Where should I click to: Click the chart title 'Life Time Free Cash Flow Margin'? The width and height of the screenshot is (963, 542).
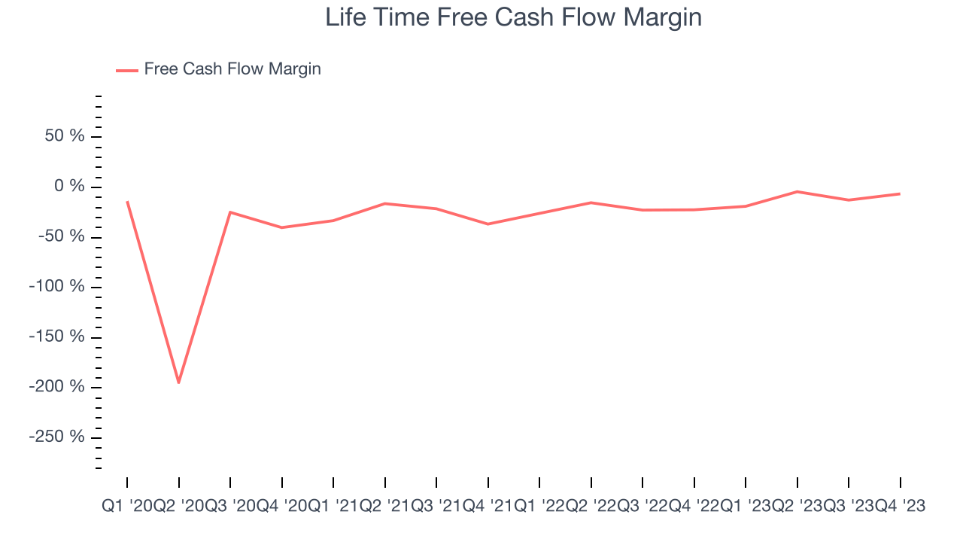click(x=513, y=17)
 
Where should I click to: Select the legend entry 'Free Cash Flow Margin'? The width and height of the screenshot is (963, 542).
click(x=232, y=69)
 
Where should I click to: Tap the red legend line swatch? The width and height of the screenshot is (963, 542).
click(x=126, y=70)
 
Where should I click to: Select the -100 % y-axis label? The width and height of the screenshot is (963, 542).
click(x=56, y=287)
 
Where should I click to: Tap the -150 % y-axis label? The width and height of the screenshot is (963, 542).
click(x=56, y=336)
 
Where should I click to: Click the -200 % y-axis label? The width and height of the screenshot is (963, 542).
click(x=56, y=387)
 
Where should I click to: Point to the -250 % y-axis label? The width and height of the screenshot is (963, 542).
click(x=56, y=437)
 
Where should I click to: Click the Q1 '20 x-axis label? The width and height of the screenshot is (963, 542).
click(x=127, y=507)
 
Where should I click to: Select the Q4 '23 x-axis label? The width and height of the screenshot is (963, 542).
click(x=900, y=507)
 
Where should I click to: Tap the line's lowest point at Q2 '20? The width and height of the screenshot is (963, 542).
click(x=178, y=382)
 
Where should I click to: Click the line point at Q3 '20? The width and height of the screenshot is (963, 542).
click(x=230, y=212)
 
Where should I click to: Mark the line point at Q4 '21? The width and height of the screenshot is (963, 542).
click(x=488, y=224)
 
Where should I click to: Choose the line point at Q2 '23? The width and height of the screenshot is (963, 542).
click(x=797, y=192)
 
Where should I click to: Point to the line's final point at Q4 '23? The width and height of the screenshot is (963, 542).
click(x=900, y=193)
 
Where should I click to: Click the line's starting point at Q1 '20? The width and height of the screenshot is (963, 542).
click(x=127, y=202)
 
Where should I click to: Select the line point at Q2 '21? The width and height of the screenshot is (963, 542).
click(x=384, y=203)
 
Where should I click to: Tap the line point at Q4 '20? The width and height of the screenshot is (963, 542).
click(x=281, y=227)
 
